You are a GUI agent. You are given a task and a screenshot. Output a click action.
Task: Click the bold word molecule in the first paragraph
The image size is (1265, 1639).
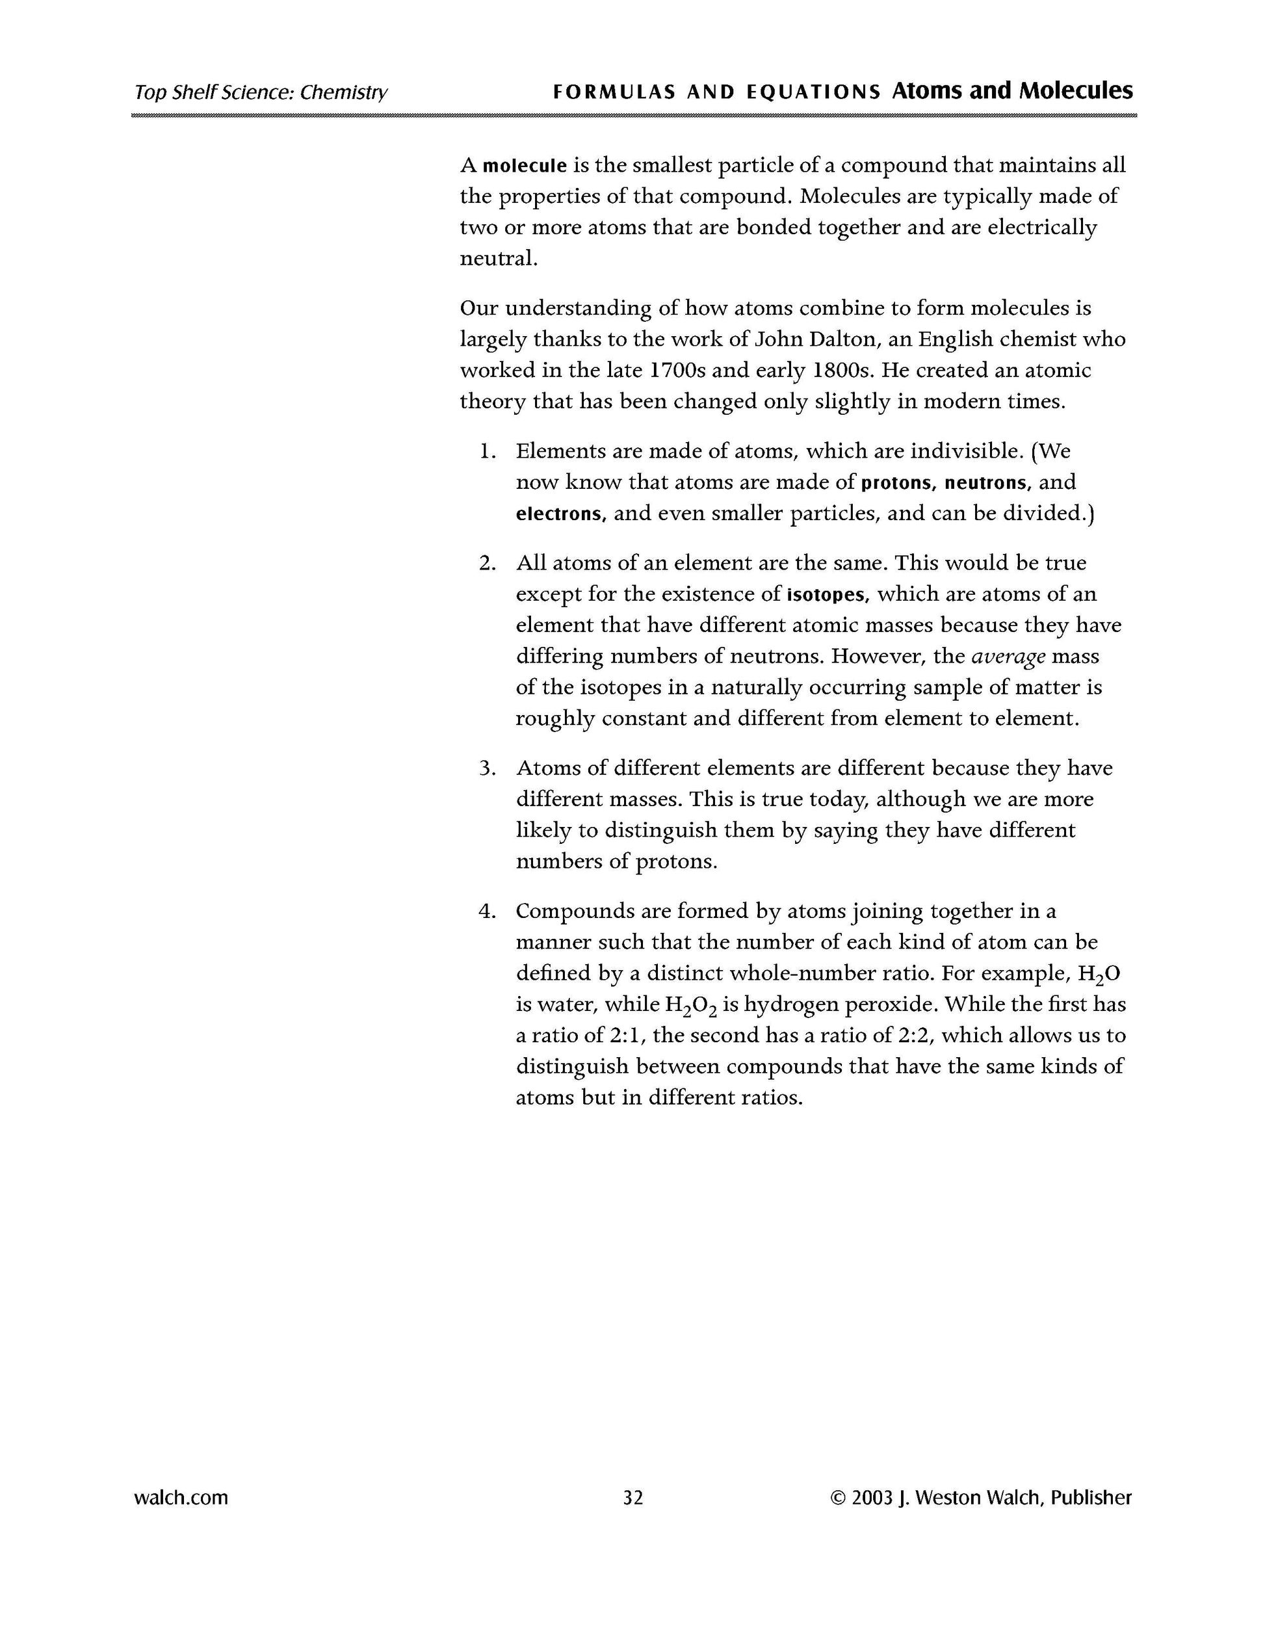click(525, 166)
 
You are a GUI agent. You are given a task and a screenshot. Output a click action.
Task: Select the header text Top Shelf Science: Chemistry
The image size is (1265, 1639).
click(261, 92)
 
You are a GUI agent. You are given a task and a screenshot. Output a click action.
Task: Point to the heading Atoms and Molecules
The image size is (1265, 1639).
click(1012, 91)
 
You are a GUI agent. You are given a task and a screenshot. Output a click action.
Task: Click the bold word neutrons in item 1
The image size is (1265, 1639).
click(988, 482)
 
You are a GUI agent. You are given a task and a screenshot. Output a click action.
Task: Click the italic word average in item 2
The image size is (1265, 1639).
click(1008, 657)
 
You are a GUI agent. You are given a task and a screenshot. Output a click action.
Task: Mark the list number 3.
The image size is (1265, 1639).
click(488, 768)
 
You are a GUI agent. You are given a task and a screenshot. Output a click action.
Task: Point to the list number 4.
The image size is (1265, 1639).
click(488, 911)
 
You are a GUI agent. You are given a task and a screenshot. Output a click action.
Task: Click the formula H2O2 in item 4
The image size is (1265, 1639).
click(691, 1006)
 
